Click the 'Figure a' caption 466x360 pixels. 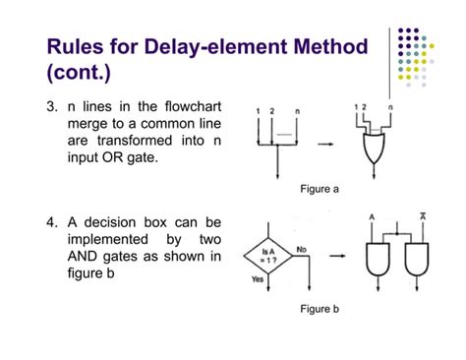click(x=320, y=190)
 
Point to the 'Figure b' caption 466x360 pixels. click(x=320, y=309)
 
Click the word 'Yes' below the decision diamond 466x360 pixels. click(x=259, y=279)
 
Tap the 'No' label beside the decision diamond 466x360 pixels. click(x=304, y=250)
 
